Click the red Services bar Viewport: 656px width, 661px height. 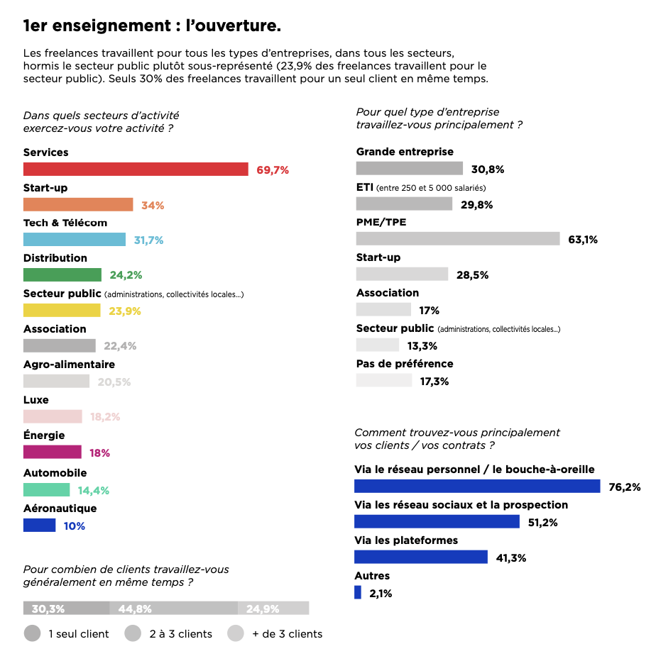click(136, 170)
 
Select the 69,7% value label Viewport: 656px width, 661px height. click(272, 170)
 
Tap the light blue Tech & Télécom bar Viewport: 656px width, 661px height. click(75, 240)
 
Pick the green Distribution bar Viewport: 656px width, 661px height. click(62, 275)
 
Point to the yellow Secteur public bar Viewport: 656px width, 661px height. click(62, 311)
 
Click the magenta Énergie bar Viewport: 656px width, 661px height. click(53, 452)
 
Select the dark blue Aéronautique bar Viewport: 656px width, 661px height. click(39, 526)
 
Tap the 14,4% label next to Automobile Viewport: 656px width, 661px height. click(94, 490)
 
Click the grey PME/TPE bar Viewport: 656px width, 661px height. click(458, 239)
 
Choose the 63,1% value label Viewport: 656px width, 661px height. click(583, 240)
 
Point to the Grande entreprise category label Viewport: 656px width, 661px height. click(405, 152)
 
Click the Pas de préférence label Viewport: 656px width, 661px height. click(405, 364)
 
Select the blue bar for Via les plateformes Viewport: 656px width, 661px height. click(421, 557)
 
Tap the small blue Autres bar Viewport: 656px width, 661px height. click(358, 593)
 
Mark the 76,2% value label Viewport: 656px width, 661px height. click(625, 487)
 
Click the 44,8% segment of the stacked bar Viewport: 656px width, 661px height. click(173, 609)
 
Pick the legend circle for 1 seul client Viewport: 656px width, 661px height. click(32, 633)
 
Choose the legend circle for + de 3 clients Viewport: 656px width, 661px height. click(236, 633)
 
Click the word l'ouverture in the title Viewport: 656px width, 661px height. click(234, 27)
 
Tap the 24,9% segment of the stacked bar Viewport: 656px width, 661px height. click(273, 609)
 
